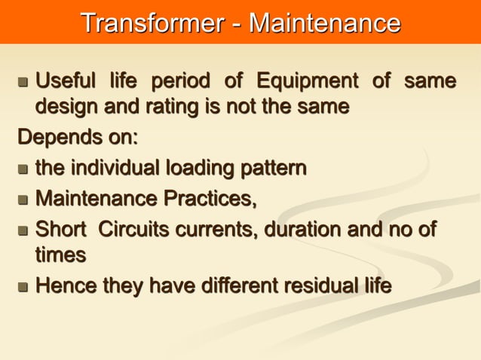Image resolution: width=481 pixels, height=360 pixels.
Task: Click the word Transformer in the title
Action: click(152, 23)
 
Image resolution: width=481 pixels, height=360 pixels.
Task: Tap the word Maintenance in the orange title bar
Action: click(325, 23)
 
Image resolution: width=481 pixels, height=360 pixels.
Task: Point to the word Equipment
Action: click(305, 80)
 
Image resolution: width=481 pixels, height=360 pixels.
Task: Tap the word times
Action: click(60, 255)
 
